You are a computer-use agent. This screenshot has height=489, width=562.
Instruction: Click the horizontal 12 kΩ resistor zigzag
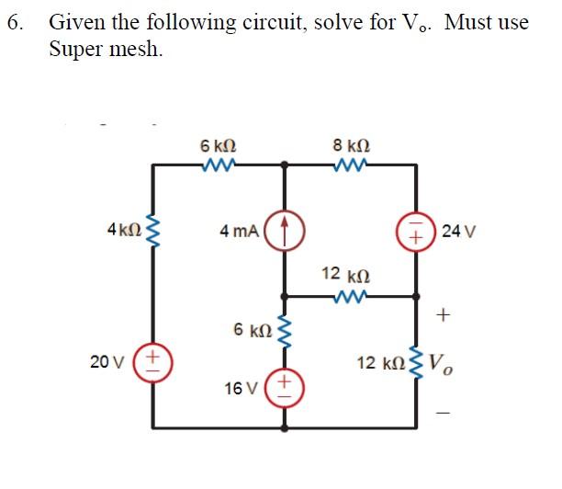(352, 296)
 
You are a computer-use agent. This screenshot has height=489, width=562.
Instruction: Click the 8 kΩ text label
(353, 145)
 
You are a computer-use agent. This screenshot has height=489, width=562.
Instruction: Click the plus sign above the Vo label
(444, 316)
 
